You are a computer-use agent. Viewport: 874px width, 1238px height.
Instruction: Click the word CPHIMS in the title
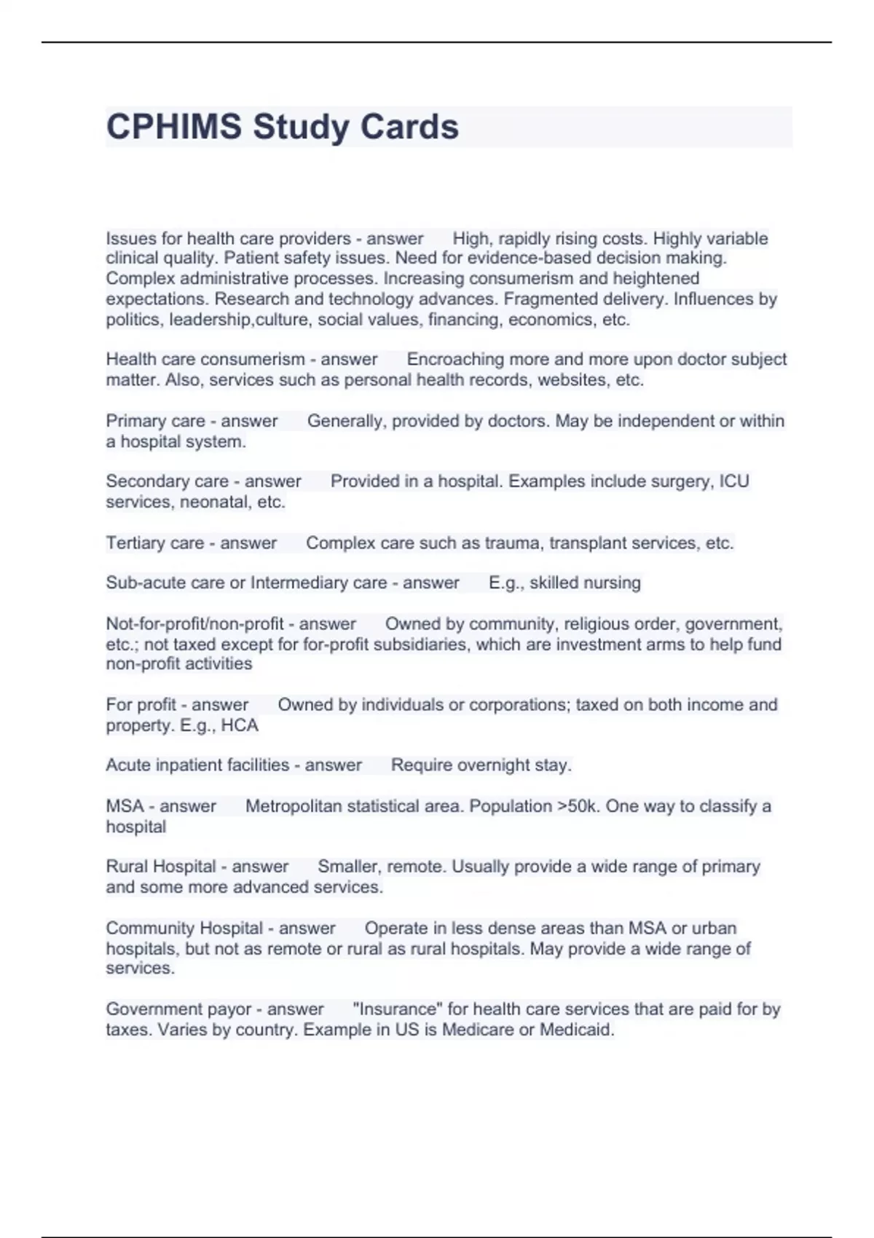174,127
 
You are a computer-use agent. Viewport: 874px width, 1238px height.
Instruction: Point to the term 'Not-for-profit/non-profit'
194,624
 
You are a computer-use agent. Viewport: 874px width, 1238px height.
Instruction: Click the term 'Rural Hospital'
160,867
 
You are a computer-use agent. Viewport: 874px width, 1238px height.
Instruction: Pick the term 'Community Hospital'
184,928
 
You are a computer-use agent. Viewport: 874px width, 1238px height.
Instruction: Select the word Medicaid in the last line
576,1030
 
